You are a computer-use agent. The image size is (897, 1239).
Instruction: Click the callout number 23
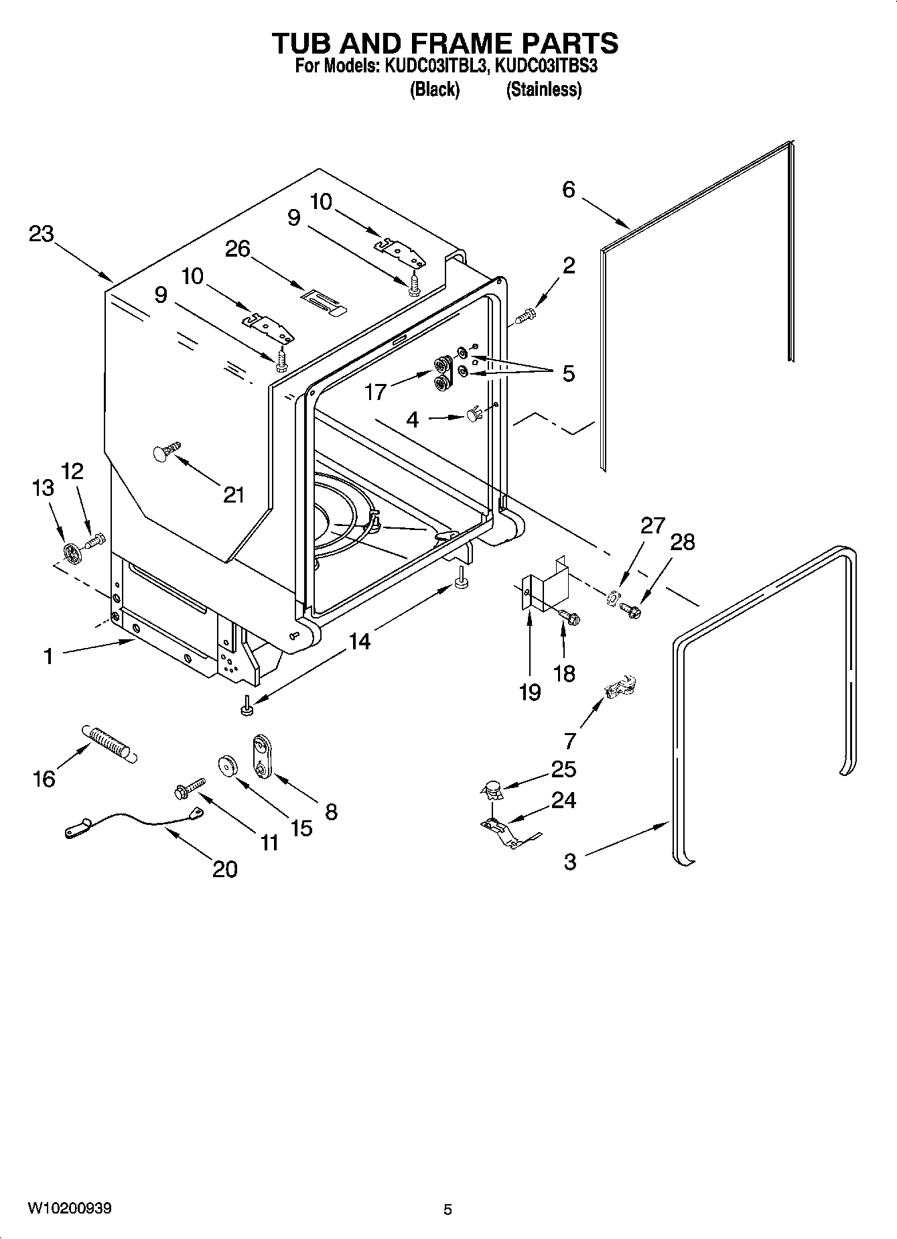[x=41, y=234]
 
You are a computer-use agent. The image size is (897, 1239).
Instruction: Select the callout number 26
[x=237, y=249]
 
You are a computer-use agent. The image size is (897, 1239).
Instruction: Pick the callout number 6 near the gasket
[x=568, y=190]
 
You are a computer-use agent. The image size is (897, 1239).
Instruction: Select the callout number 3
[x=569, y=862]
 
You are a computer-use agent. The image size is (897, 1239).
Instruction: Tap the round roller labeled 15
[x=227, y=765]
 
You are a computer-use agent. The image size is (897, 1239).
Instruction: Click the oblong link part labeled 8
[x=261, y=756]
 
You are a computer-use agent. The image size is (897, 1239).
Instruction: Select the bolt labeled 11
[x=189, y=787]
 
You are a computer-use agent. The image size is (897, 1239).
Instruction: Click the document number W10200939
[x=70, y=1208]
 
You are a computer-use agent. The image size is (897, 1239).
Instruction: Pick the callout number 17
[x=375, y=391]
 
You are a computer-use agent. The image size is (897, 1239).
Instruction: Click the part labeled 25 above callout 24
[x=493, y=789]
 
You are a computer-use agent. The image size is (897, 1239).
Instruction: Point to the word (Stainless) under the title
[x=543, y=89]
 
